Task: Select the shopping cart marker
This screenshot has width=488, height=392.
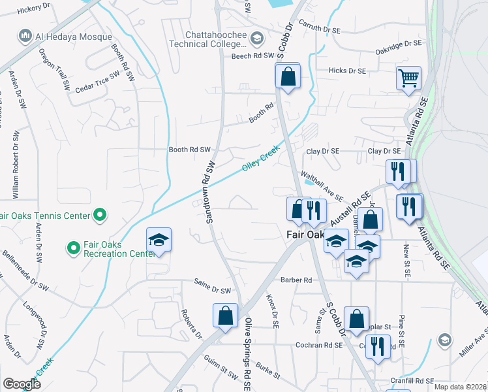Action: pyautogui.click(x=408, y=78)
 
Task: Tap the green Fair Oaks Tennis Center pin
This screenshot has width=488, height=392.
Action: pyautogui.click(x=100, y=214)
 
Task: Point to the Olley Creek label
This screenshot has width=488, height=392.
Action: pyautogui.click(x=261, y=159)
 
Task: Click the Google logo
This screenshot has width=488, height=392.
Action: pyautogui.click(x=22, y=384)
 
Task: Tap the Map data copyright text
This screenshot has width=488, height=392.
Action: pyautogui.click(x=461, y=387)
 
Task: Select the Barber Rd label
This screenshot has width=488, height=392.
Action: pyautogui.click(x=296, y=280)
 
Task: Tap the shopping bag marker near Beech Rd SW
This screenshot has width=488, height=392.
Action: pyautogui.click(x=288, y=77)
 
